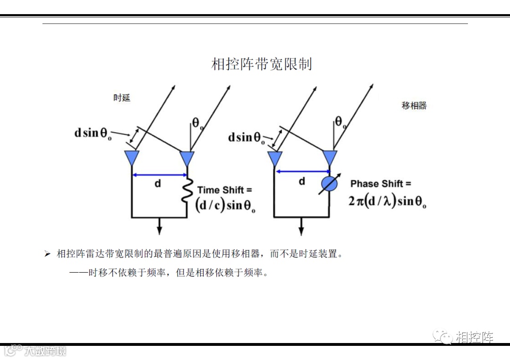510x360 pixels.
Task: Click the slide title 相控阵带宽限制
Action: pos(261,64)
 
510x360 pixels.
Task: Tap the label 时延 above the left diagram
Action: pos(122,98)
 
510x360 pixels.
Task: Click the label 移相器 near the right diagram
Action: pos(414,106)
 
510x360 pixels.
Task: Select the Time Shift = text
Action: pos(224,190)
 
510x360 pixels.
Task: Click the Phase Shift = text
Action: pos(381,184)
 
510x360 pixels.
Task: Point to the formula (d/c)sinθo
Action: pos(225,206)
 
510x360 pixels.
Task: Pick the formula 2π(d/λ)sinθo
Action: pos(387,201)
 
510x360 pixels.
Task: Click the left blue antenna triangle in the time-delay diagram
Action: pos(131,158)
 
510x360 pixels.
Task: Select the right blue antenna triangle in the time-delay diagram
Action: pos(187,158)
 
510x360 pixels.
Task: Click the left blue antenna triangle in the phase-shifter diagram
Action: pos(274,158)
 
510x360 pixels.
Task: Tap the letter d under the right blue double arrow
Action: pos(302,181)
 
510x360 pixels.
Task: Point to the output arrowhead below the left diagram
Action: pos(159,230)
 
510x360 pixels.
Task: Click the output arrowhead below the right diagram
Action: pos(301,230)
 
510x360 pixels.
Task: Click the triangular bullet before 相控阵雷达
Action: pos(47,254)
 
